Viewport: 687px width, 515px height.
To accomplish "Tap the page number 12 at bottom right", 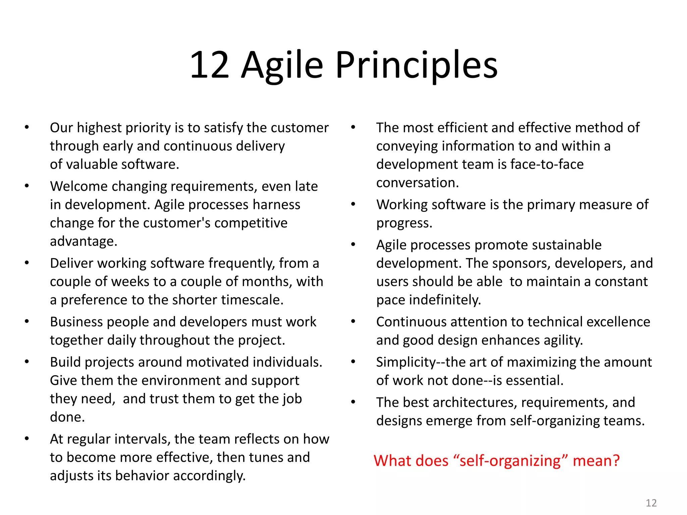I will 651,503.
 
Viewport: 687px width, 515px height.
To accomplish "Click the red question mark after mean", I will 616,461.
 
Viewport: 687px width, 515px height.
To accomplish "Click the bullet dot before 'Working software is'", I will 353,205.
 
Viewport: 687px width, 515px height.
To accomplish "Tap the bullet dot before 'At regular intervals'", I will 27,439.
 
